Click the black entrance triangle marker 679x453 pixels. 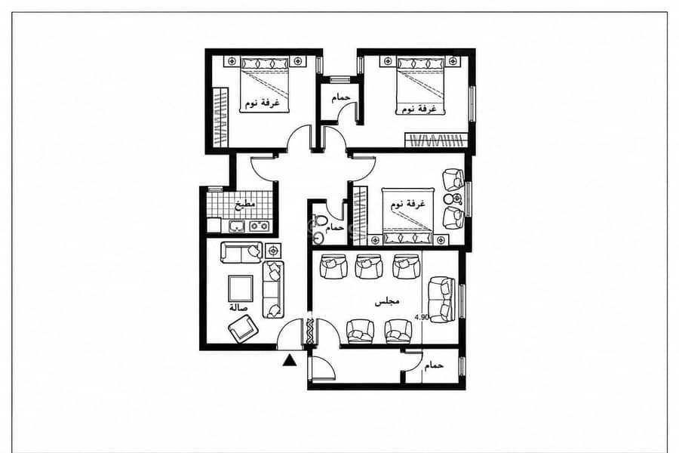pos(289,360)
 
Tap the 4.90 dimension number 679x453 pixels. pos(422,317)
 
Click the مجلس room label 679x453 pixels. pos(387,302)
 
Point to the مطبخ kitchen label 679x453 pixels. pos(245,204)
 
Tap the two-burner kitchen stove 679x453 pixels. pos(258,226)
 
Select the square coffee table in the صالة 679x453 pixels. pos(241,288)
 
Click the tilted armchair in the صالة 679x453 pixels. pos(244,328)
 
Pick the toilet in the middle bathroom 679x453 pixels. pos(321,220)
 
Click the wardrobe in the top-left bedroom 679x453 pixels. pos(221,118)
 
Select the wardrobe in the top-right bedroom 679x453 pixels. pos(437,141)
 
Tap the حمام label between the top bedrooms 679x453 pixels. pos(341,97)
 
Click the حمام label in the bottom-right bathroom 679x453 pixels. pos(434,365)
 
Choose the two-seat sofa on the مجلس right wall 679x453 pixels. pos(441,300)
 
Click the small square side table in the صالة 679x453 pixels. pos(273,251)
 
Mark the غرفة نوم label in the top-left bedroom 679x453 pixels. pos(263,103)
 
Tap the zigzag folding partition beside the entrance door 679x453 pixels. pos(310,331)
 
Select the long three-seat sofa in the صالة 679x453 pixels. pos(273,290)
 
